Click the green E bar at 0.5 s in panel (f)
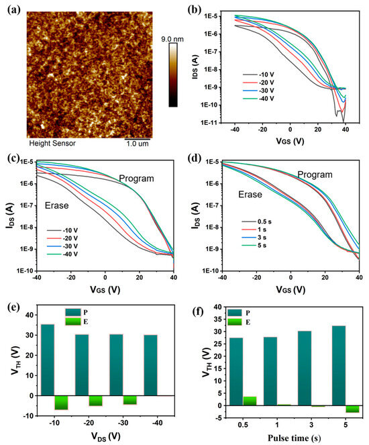(250, 401)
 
